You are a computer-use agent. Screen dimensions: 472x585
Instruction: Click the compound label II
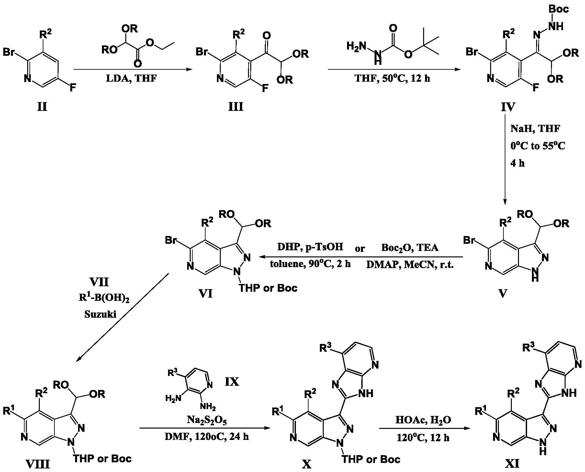point(42,106)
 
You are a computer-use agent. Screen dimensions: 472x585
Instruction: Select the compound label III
point(235,106)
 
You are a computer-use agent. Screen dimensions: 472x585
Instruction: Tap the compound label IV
point(508,106)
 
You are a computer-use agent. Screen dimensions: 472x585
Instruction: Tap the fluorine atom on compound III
point(265,88)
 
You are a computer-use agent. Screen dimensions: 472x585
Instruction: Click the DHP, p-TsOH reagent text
point(310,248)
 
